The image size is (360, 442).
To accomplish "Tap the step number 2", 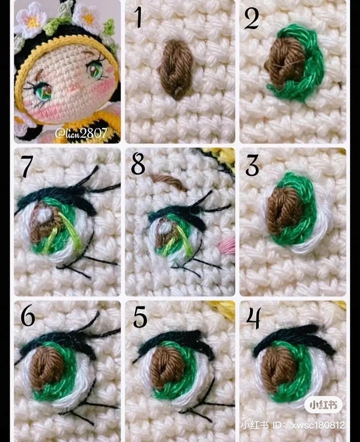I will (x=251, y=19).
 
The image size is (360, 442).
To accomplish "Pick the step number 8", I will (x=138, y=164).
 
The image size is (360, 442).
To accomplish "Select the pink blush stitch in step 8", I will (x=227, y=247).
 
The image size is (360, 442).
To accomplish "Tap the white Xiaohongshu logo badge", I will (x=323, y=405).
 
